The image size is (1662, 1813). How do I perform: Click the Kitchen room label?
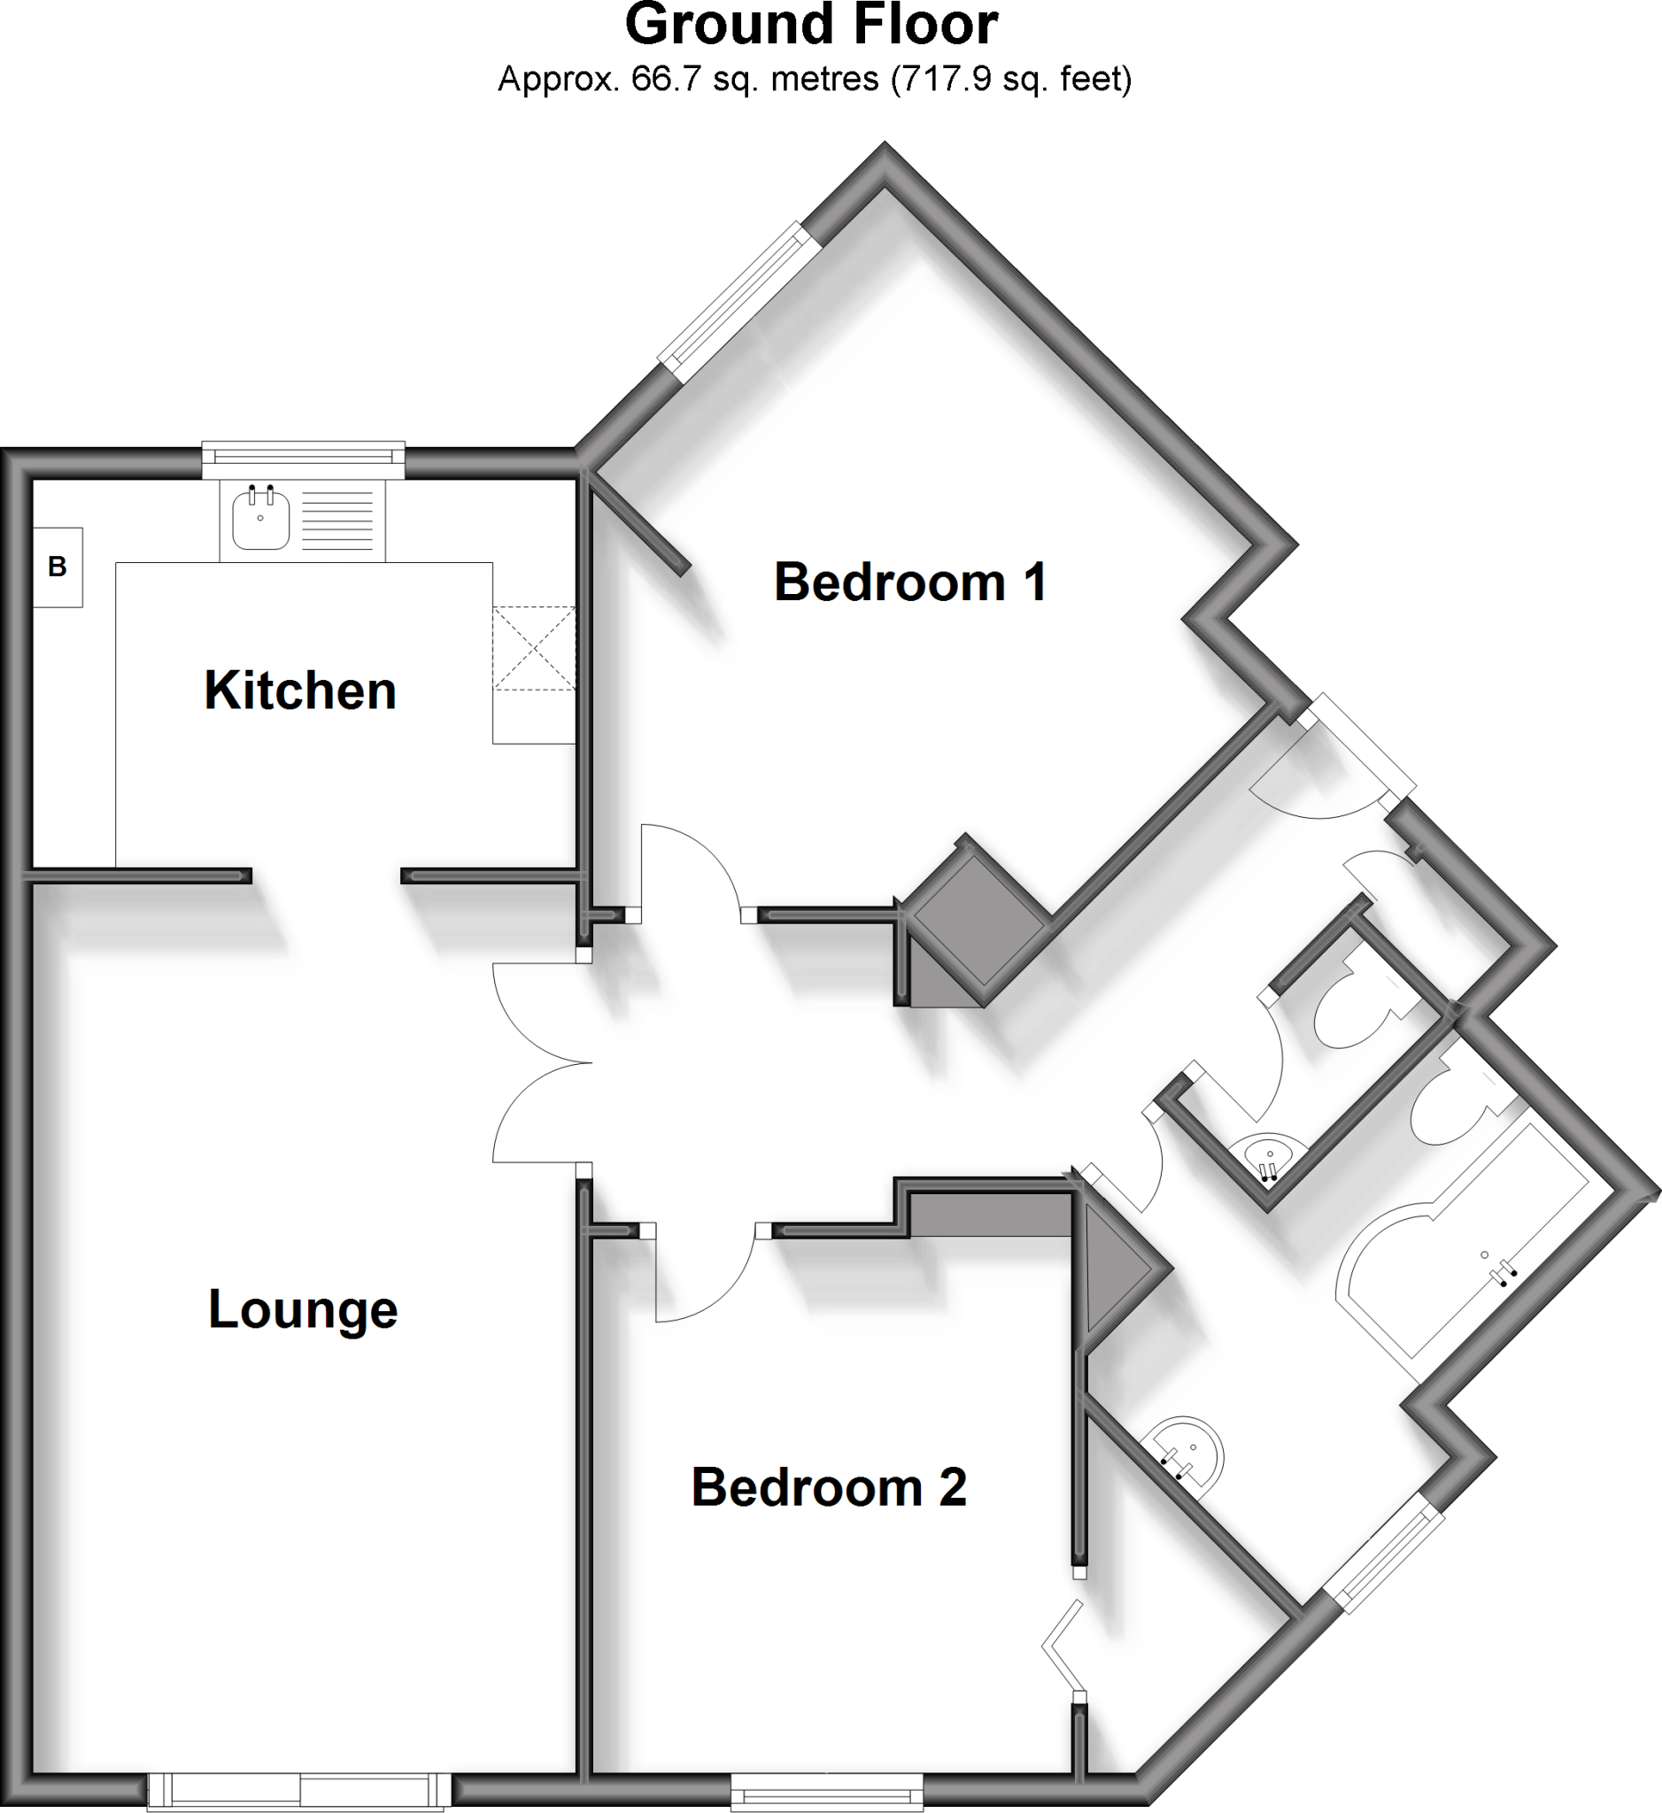tap(300, 690)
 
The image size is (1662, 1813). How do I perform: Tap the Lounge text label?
tap(302, 1309)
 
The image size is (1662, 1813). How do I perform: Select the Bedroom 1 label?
tap(910, 582)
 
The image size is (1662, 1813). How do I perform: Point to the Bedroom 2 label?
tap(828, 1486)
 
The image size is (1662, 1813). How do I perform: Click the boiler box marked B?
tap(58, 567)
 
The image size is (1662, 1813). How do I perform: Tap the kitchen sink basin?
tap(261, 520)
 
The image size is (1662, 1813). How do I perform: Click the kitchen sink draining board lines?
tap(337, 521)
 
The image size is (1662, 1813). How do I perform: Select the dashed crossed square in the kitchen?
tap(533, 647)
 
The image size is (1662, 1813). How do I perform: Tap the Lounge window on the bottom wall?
tap(298, 1791)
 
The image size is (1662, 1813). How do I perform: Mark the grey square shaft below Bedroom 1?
tap(978, 918)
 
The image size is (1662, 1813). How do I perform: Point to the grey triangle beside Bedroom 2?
tap(1112, 1269)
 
